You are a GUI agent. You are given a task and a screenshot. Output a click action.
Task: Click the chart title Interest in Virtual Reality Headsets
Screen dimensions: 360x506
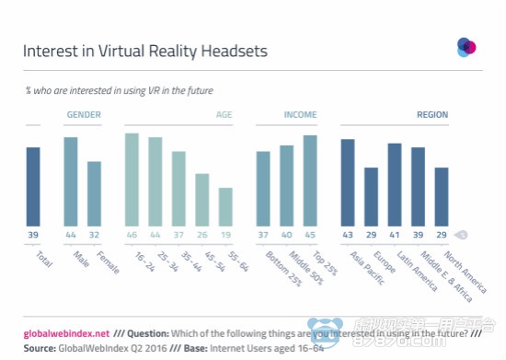145,52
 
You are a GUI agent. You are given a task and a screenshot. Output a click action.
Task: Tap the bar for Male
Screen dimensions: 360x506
71,180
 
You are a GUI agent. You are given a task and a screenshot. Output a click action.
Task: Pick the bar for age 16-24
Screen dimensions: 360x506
132,179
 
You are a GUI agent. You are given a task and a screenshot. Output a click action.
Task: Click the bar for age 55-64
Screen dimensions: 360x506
225,206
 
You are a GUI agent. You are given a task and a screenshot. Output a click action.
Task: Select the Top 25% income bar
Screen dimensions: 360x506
309,180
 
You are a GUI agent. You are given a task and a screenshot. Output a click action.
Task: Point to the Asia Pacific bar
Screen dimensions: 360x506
348,181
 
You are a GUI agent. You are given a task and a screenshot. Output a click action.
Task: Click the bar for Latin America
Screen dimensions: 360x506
395,183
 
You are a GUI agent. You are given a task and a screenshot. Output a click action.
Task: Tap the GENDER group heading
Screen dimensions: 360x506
83,115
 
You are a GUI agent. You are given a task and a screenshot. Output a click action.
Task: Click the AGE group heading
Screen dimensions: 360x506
224,115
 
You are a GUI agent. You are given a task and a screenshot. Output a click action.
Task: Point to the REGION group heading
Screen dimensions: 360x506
431,115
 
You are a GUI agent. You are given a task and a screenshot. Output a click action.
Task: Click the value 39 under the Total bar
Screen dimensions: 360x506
33,235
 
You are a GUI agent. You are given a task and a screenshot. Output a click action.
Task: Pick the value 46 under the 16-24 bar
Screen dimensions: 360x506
132,235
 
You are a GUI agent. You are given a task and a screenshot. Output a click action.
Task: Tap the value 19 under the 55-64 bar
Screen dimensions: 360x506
225,235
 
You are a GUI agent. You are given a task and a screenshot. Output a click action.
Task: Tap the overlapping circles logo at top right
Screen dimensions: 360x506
467,46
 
